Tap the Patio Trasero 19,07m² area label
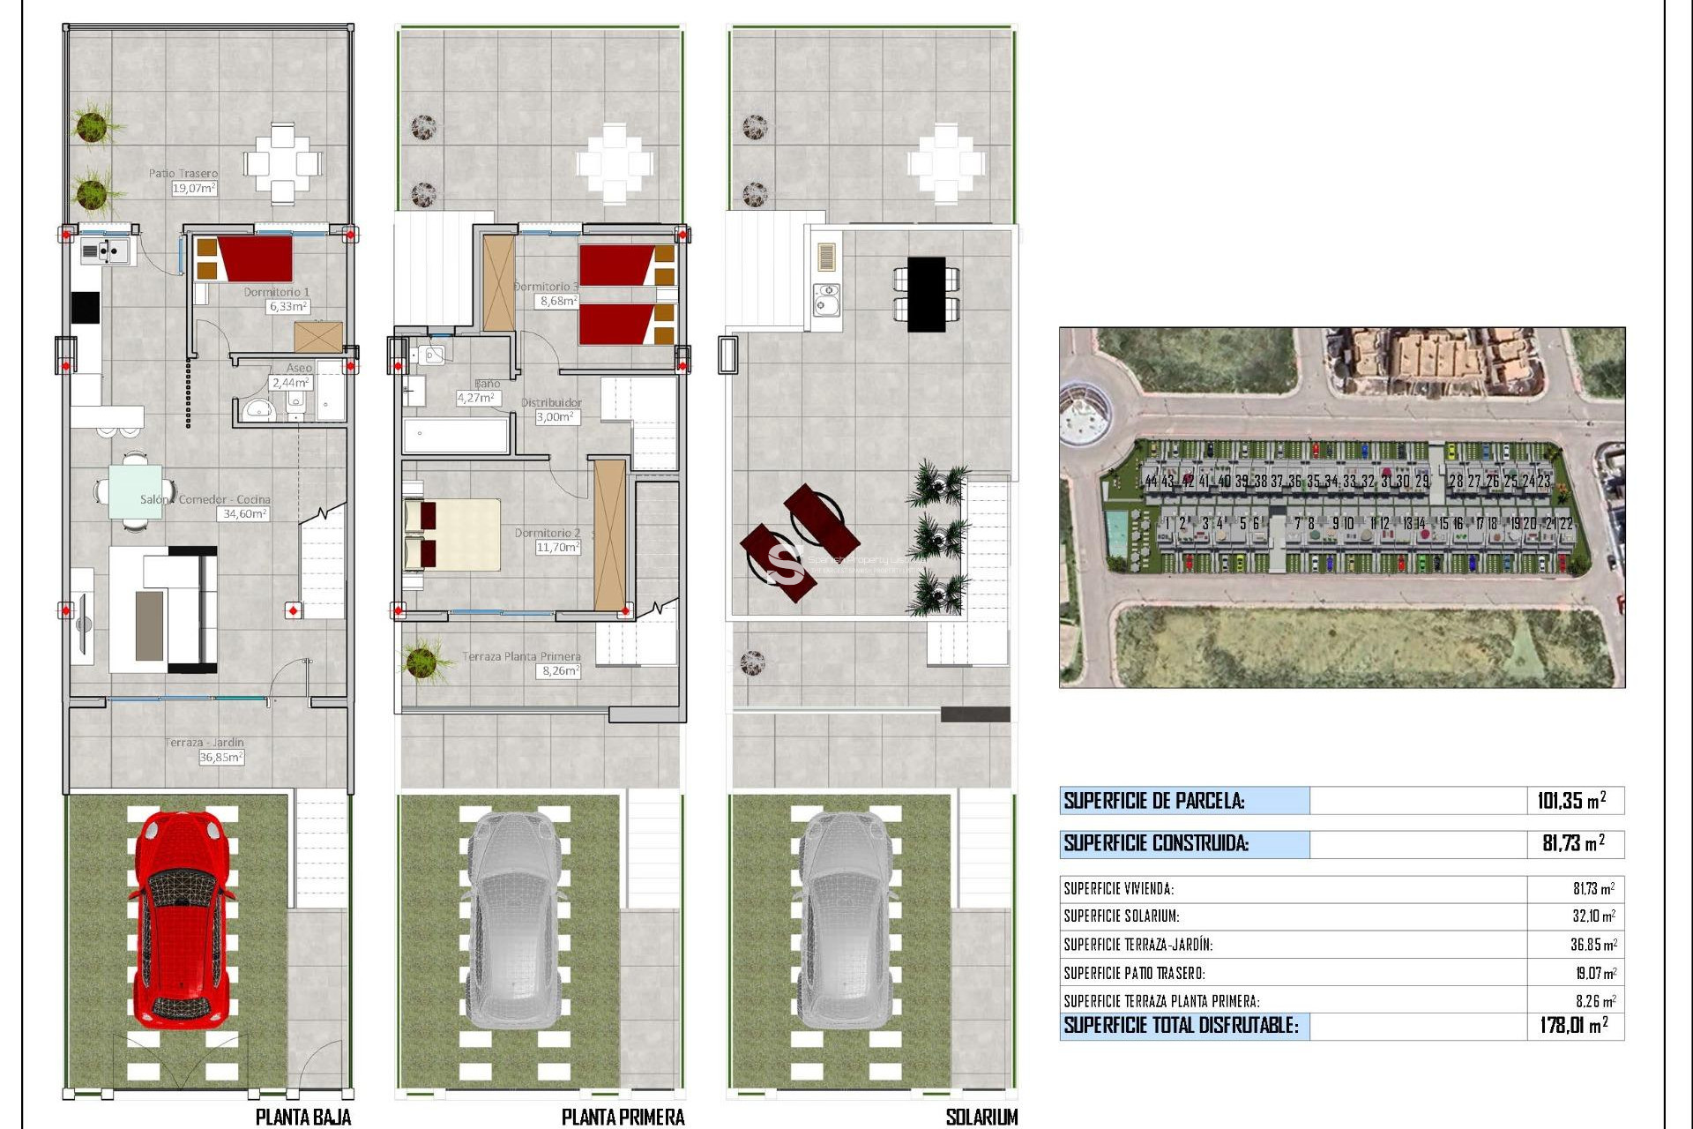click(x=193, y=188)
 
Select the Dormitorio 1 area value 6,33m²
click(x=288, y=307)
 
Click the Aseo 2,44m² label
click(x=290, y=383)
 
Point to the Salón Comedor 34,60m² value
click(x=242, y=513)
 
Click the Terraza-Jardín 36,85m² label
click(x=220, y=757)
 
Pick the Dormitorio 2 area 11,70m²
click(x=557, y=548)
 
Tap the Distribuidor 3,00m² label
click(x=557, y=417)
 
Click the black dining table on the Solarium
click(x=926, y=295)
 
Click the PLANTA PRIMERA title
click(x=623, y=1117)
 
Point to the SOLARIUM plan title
click(x=981, y=1117)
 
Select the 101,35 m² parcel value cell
click(x=1571, y=801)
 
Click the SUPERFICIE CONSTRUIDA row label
click(x=1156, y=843)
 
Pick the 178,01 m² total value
click(x=1574, y=1026)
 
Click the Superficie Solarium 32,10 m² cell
click(x=1593, y=916)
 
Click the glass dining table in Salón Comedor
click(x=135, y=491)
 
